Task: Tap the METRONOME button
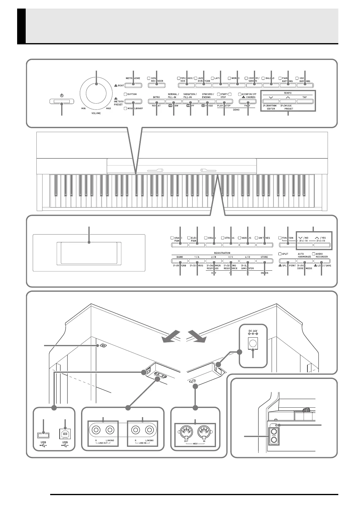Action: pos(133,85)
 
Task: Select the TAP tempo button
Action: pos(305,101)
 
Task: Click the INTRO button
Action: pos(156,101)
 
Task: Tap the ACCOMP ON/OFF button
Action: pos(247,101)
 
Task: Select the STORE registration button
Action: pos(264,261)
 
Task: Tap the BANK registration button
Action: pos(180,261)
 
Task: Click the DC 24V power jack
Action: pos(253,344)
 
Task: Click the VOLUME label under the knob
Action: pos(96,113)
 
